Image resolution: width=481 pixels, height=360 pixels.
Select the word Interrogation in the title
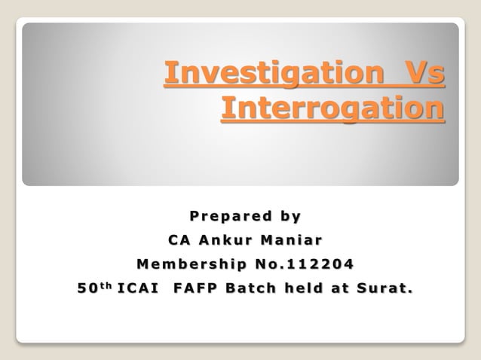click(332, 108)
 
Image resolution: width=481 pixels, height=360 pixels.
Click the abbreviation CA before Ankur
click(179, 241)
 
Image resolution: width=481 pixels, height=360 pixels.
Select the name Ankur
click(225, 241)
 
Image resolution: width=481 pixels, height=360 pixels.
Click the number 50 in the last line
click(86, 289)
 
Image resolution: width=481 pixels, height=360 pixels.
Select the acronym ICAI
click(137, 289)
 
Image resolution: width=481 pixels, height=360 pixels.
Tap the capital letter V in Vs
click(418, 75)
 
